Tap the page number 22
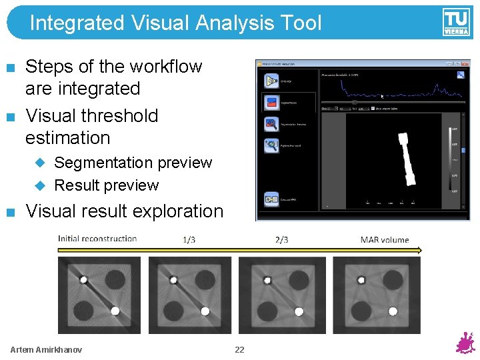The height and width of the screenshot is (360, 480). pyautogui.click(x=239, y=349)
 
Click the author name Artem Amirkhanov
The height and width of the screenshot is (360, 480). pyautogui.click(x=46, y=349)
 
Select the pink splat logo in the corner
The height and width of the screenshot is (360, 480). pyautogui.click(x=465, y=343)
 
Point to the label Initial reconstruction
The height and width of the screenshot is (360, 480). pyautogui.click(x=97, y=239)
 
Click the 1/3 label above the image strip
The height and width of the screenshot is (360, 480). pyautogui.click(x=189, y=239)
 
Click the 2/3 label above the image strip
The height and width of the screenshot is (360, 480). pyautogui.click(x=281, y=239)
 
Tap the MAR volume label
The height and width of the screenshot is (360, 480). pyautogui.click(x=385, y=239)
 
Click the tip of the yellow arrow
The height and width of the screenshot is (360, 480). pyautogui.click(x=420, y=251)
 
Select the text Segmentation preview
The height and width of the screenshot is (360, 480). pyautogui.click(x=133, y=163)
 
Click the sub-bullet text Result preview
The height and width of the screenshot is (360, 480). pyautogui.click(x=106, y=185)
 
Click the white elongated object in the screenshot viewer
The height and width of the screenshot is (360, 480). pyautogui.click(x=407, y=160)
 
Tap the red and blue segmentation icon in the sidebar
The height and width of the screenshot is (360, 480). pyautogui.click(x=271, y=103)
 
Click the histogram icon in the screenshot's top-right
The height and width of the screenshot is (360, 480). pyautogui.click(x=460, y=75)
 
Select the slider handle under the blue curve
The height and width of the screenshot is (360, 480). pyautogui.click(x=355, y=102)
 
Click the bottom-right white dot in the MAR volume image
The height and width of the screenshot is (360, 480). pyautogui.click(x=392, y=311)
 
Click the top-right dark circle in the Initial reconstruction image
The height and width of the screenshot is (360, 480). pyautogui.click(x=115, y=277)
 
